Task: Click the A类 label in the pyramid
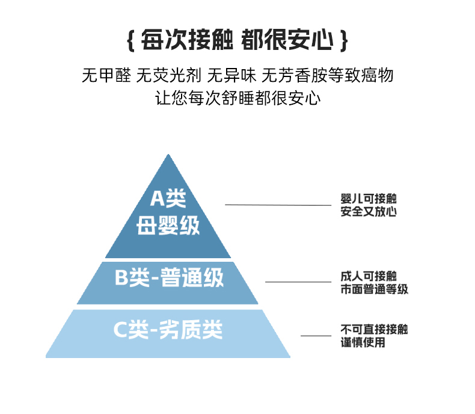(x=168, y=199)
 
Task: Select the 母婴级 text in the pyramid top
(x=168, y=226)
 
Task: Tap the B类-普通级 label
(x=169, y=279)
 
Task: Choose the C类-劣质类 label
(x=168, y=330)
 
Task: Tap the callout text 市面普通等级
(x=373, y=289)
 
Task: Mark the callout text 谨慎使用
(x=363, y=342)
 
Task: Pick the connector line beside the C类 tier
(x=316, y=336)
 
